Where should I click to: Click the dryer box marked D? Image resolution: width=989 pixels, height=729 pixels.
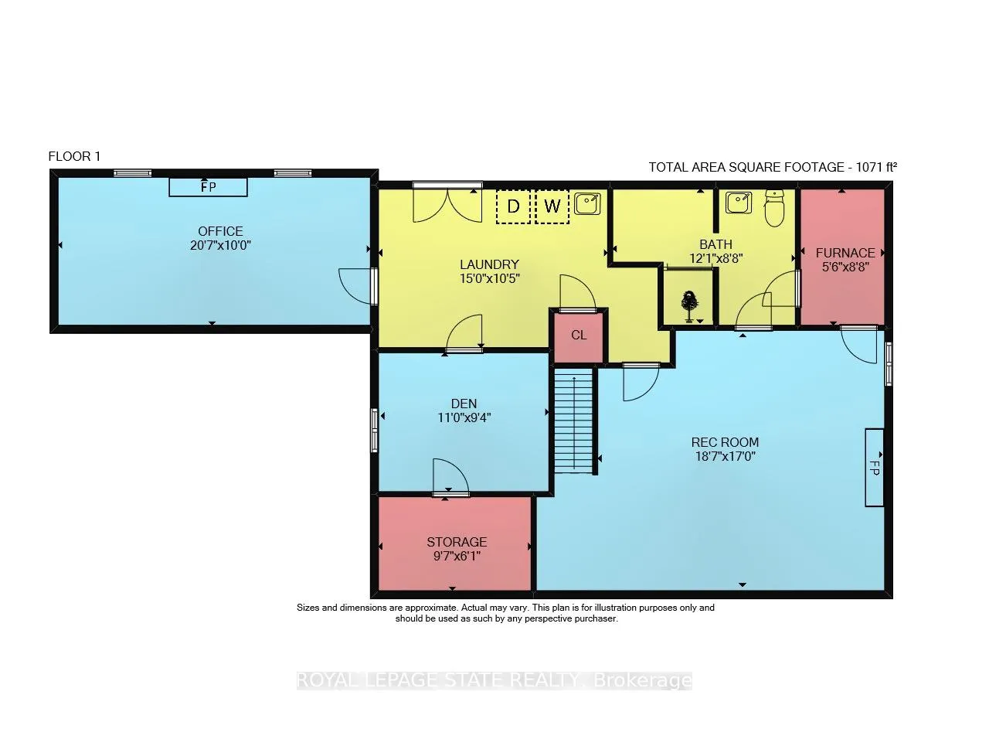513,206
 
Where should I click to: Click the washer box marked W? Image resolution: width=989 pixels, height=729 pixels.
552,206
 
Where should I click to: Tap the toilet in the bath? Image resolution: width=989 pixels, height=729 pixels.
774,208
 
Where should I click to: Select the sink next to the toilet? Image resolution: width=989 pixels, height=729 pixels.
739,203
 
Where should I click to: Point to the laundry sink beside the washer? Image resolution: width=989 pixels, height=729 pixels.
587,203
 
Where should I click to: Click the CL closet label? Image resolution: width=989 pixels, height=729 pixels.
579,336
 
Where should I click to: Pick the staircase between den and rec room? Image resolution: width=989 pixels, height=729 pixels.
573,421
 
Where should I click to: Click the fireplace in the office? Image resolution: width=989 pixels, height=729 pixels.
208,187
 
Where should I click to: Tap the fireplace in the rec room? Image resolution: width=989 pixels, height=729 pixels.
874,468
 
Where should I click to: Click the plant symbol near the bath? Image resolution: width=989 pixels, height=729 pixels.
689,305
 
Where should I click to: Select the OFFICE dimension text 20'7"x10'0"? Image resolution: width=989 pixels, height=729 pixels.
220,245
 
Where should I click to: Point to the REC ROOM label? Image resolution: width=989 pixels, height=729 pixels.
725,442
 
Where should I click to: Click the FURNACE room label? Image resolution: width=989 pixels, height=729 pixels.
845,253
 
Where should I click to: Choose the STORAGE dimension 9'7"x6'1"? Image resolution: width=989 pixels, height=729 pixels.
457,556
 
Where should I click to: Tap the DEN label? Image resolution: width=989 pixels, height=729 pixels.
464,404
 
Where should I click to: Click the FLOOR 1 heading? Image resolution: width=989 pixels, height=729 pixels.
74,156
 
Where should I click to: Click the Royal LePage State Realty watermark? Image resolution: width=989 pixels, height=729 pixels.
494,680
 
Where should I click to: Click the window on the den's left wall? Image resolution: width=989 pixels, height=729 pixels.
374,431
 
